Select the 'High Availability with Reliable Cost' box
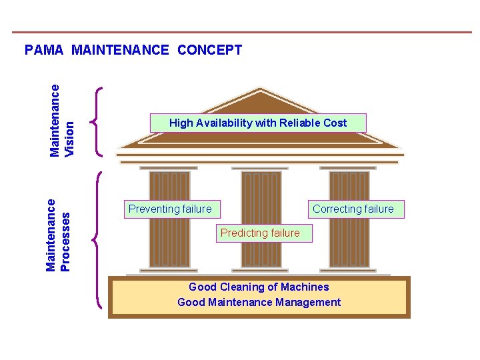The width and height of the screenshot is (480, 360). point(258,123)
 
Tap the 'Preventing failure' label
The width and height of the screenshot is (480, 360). point(170,209)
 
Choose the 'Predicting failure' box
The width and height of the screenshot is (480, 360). point(260,233)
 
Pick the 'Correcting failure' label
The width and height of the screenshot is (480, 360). point(353,209)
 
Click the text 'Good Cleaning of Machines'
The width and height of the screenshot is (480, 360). point(259,287)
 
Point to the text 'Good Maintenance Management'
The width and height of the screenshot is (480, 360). point(259,302)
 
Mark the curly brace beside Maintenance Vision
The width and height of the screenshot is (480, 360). point(97,121)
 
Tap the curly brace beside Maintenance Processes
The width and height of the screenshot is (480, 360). point(97,240)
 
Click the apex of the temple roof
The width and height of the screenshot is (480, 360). point(261,89)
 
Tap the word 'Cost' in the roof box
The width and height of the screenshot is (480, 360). point(335,123)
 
